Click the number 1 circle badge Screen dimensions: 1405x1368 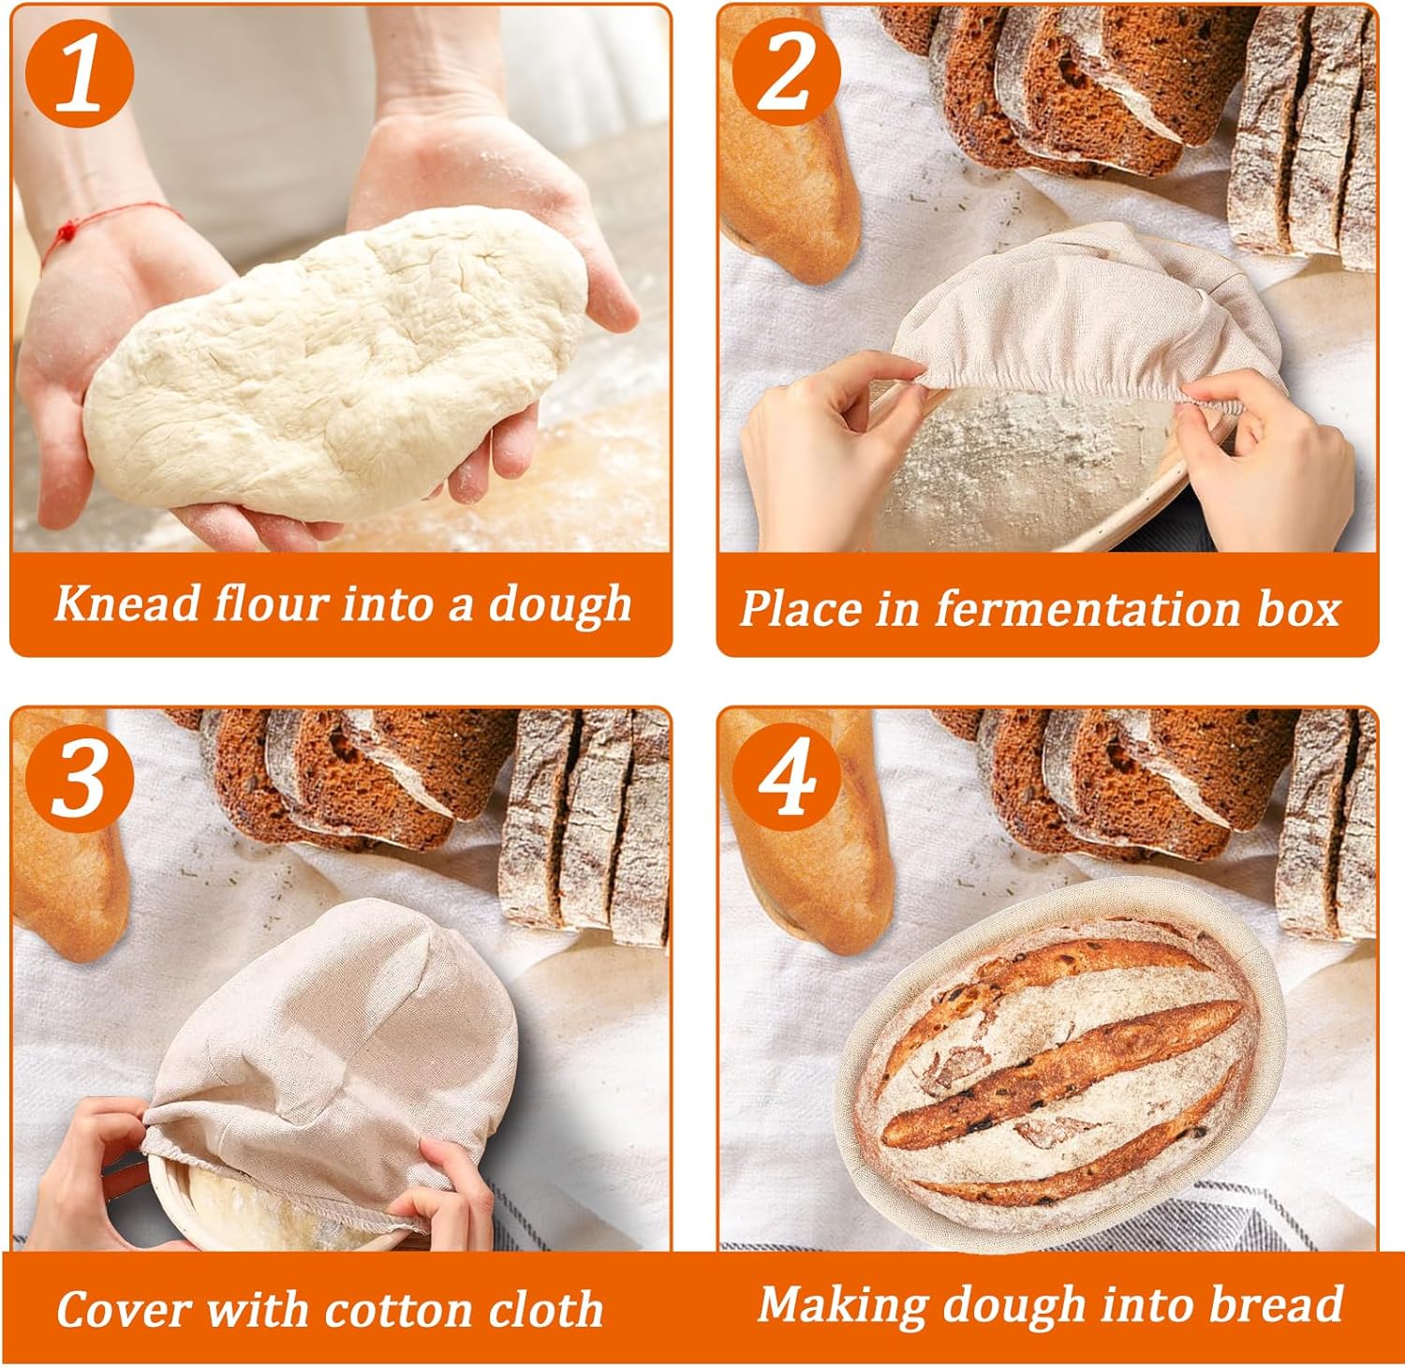click(81, 74)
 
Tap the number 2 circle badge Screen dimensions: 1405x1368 click(785, 74)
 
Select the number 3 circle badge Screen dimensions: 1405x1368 click(81, 778)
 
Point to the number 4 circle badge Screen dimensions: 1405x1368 click(785, 778)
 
